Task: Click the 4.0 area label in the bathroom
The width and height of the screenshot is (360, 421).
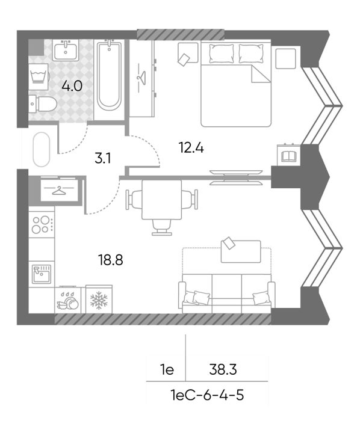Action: (72, 86)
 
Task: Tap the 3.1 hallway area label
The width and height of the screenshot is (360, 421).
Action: (102, 158)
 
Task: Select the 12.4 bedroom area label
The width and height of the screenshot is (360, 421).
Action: (191, 148)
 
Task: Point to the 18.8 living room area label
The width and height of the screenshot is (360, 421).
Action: (111, 260)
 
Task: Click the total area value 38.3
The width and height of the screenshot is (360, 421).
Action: (223, 370)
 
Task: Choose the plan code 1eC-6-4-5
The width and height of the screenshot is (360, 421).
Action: (207, 395)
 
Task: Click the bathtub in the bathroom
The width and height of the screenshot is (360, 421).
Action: (109, 75)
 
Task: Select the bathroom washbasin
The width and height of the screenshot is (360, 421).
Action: (66, 50)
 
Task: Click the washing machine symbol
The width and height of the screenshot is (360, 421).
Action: (39, 77)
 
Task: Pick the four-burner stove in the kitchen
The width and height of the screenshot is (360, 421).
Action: (42, 224)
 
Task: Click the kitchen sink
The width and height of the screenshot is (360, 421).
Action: (42, 274)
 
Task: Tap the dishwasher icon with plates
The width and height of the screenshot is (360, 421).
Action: (67, 300)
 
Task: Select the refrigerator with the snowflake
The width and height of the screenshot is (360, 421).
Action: (99, 300)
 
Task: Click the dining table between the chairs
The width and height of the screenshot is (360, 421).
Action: (161, 200)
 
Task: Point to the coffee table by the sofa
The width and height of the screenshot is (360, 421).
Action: (241, 251)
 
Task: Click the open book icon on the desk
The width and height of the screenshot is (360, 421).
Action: (289, 156)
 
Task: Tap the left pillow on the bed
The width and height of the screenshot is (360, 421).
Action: (222, 54)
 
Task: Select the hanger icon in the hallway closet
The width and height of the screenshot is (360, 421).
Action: (60, 191)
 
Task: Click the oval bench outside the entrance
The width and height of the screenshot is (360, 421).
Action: (42, 150)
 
